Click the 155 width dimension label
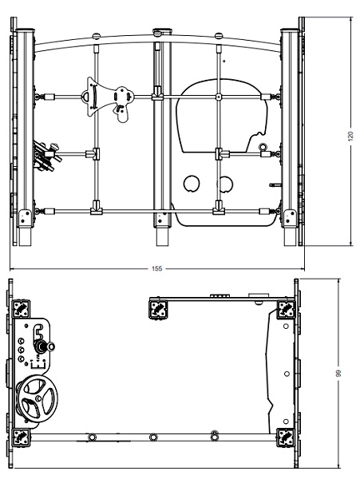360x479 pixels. pos(157,268)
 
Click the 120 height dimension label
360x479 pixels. pos(350,136)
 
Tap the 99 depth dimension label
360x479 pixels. pos(338,373)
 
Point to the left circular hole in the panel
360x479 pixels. pos(192,184)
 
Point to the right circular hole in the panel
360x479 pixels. pos(225,184)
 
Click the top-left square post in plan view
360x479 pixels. pos(21,309)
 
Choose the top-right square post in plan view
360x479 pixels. pos(287,309)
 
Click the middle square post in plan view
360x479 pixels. pos(159,310)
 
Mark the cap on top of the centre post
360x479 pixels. pos(162,31)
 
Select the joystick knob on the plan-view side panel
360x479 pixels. pos(51,346)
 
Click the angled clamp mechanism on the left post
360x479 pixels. pos(45,155)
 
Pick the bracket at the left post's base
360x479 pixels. pos(25,217)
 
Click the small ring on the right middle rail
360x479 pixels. pos(263,147)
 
